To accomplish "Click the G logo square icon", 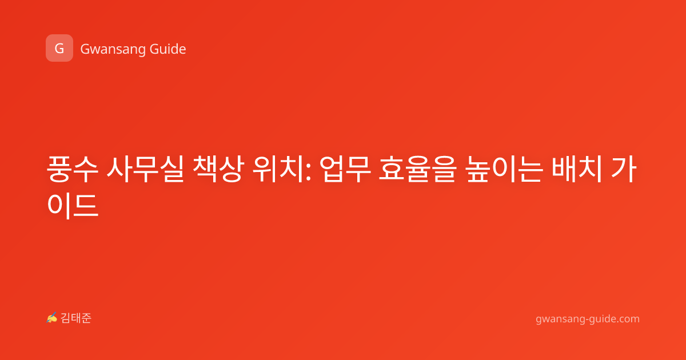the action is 59,48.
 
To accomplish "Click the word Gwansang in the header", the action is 113,49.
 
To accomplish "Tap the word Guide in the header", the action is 168,49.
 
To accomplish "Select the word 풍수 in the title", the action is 72,169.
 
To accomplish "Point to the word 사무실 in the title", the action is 145,169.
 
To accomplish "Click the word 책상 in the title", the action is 218,169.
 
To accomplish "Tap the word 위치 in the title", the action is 278,169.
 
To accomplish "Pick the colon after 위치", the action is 308,172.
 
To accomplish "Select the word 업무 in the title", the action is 345,169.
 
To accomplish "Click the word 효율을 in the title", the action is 418,169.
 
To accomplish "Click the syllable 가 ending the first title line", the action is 624,169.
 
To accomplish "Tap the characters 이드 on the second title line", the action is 73,205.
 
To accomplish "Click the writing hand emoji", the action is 51,318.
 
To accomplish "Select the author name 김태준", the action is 75,318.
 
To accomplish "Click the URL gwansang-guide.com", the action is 588,319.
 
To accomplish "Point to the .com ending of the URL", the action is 628,319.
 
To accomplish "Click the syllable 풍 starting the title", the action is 59,169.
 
